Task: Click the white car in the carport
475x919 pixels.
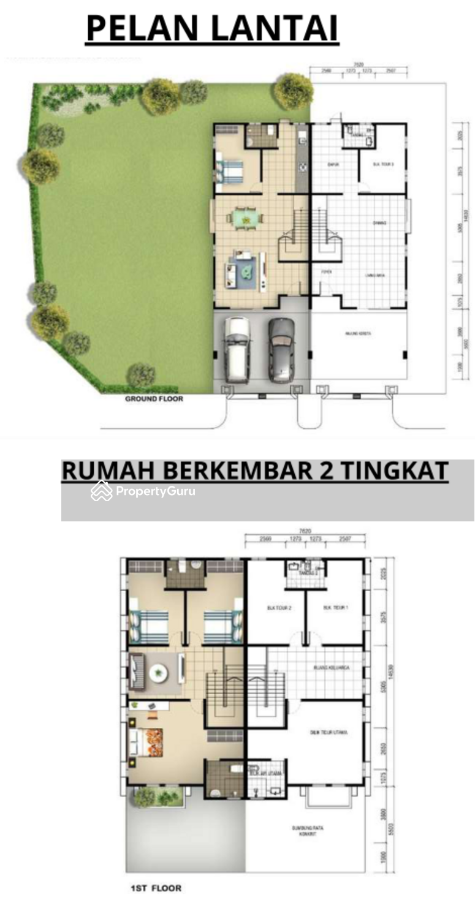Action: (236, 350)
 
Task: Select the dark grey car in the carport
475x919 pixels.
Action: (281, 350)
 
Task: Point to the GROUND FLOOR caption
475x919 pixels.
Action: (154, 399)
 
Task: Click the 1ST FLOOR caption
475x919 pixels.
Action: (156, 888)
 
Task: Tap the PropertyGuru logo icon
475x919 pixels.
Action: (101, 491)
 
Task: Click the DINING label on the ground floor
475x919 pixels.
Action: (379, 223)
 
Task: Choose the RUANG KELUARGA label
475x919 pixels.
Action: (330, 667)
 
